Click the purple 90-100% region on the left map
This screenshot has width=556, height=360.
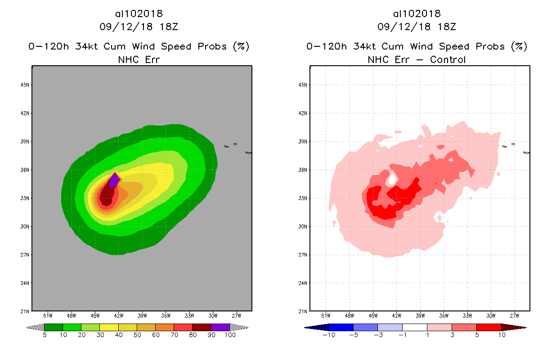(114, 180)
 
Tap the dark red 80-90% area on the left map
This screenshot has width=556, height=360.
(107, 197)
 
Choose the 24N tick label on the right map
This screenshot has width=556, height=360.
(303, 283)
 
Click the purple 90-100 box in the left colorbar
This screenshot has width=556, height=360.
(220, 327)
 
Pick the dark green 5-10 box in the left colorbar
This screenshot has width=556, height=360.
(54, 327)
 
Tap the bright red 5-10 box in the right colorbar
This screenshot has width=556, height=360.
(489, 327)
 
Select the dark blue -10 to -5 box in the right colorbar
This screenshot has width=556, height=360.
(341, 327)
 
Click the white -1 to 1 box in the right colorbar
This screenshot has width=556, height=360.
(414, 327)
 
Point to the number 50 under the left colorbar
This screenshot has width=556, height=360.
(137, 335)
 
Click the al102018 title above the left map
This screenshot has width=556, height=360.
(139, 13)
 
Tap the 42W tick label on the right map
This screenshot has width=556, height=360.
(397, 315)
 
